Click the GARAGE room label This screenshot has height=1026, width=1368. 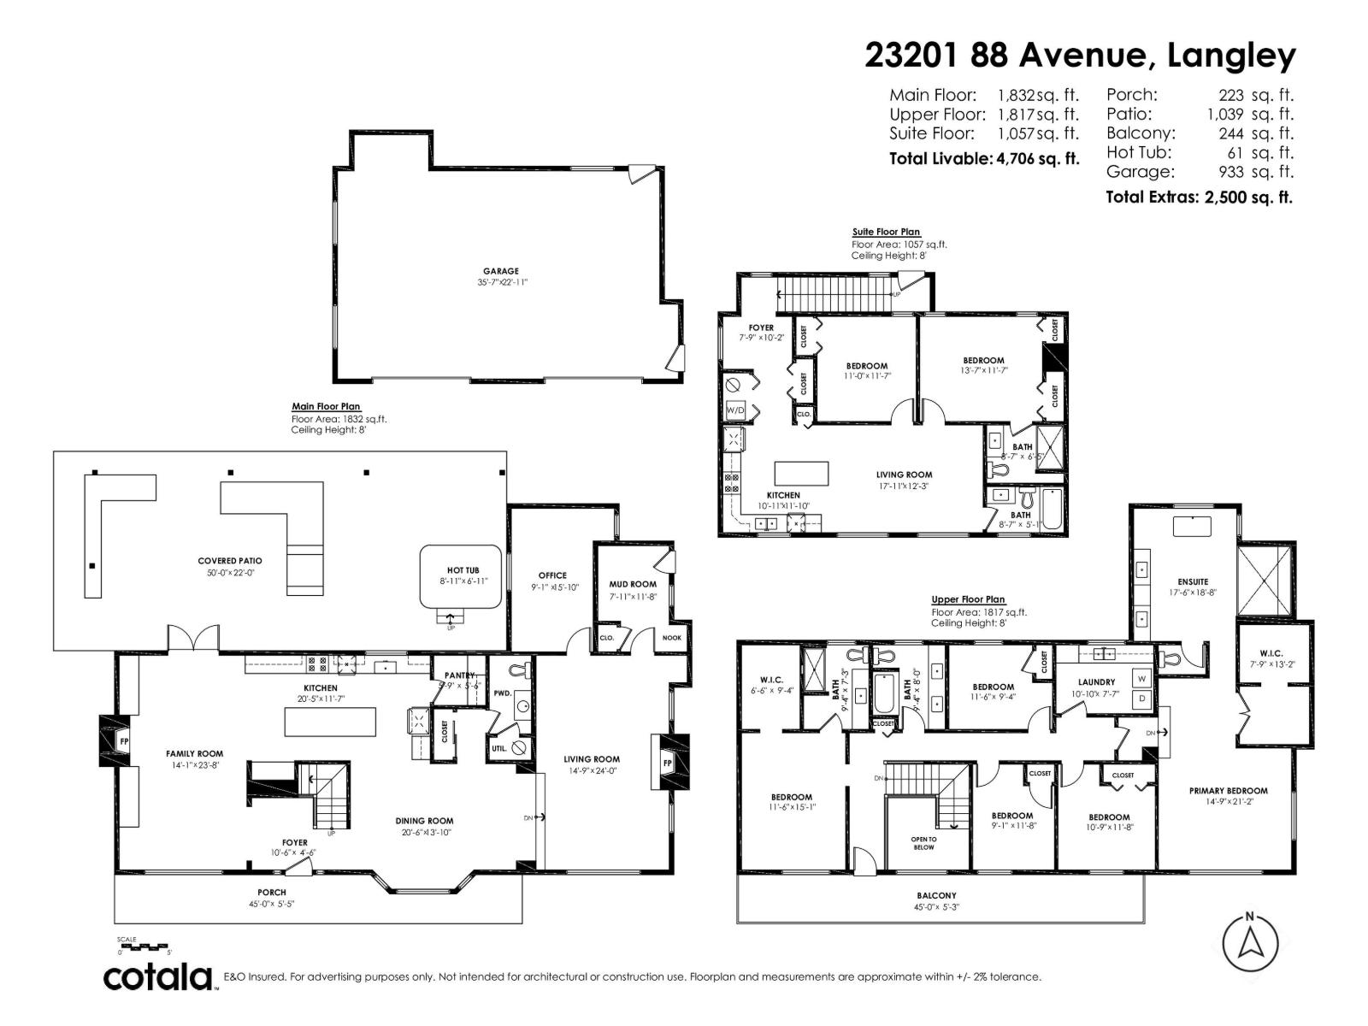click(x=500, y=271)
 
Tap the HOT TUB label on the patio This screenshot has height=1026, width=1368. click(x=463, y=569)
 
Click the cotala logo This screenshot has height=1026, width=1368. click(x=159, y=976)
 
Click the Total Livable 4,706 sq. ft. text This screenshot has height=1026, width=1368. click(x=983, y=158)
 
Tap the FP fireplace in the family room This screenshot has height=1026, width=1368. click(x=123, y=741)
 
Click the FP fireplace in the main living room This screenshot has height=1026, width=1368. click(x=668, y=762)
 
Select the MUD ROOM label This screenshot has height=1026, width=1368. click(x=633, y=584)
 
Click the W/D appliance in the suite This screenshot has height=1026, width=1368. click(x=735, y=410)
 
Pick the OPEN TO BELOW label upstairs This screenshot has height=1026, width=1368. click(x=923, y=843)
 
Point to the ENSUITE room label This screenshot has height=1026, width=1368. click(x=1193, y=581)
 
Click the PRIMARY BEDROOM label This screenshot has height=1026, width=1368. click(x=1228, y=791)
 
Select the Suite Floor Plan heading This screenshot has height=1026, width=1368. click(x=886, y=232)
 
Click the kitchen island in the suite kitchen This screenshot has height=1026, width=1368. click(x=801, y=473)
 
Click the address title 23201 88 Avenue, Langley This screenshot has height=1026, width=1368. click(x=1080, y=56)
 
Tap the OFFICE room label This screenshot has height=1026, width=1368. click(x=552, y=575)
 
